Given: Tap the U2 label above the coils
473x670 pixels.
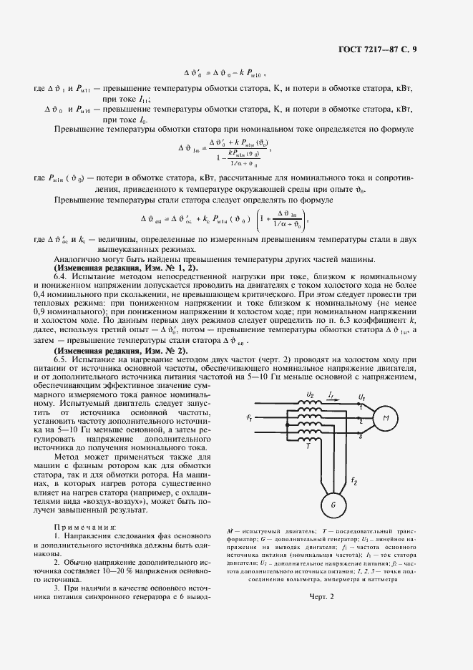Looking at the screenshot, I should click(x=309, y=395).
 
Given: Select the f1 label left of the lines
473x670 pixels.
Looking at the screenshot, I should click(x=248, y=417).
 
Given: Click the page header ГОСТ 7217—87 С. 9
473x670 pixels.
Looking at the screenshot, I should click(x=406, y=49).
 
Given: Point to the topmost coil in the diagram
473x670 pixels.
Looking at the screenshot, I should click(x=310, y=404).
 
